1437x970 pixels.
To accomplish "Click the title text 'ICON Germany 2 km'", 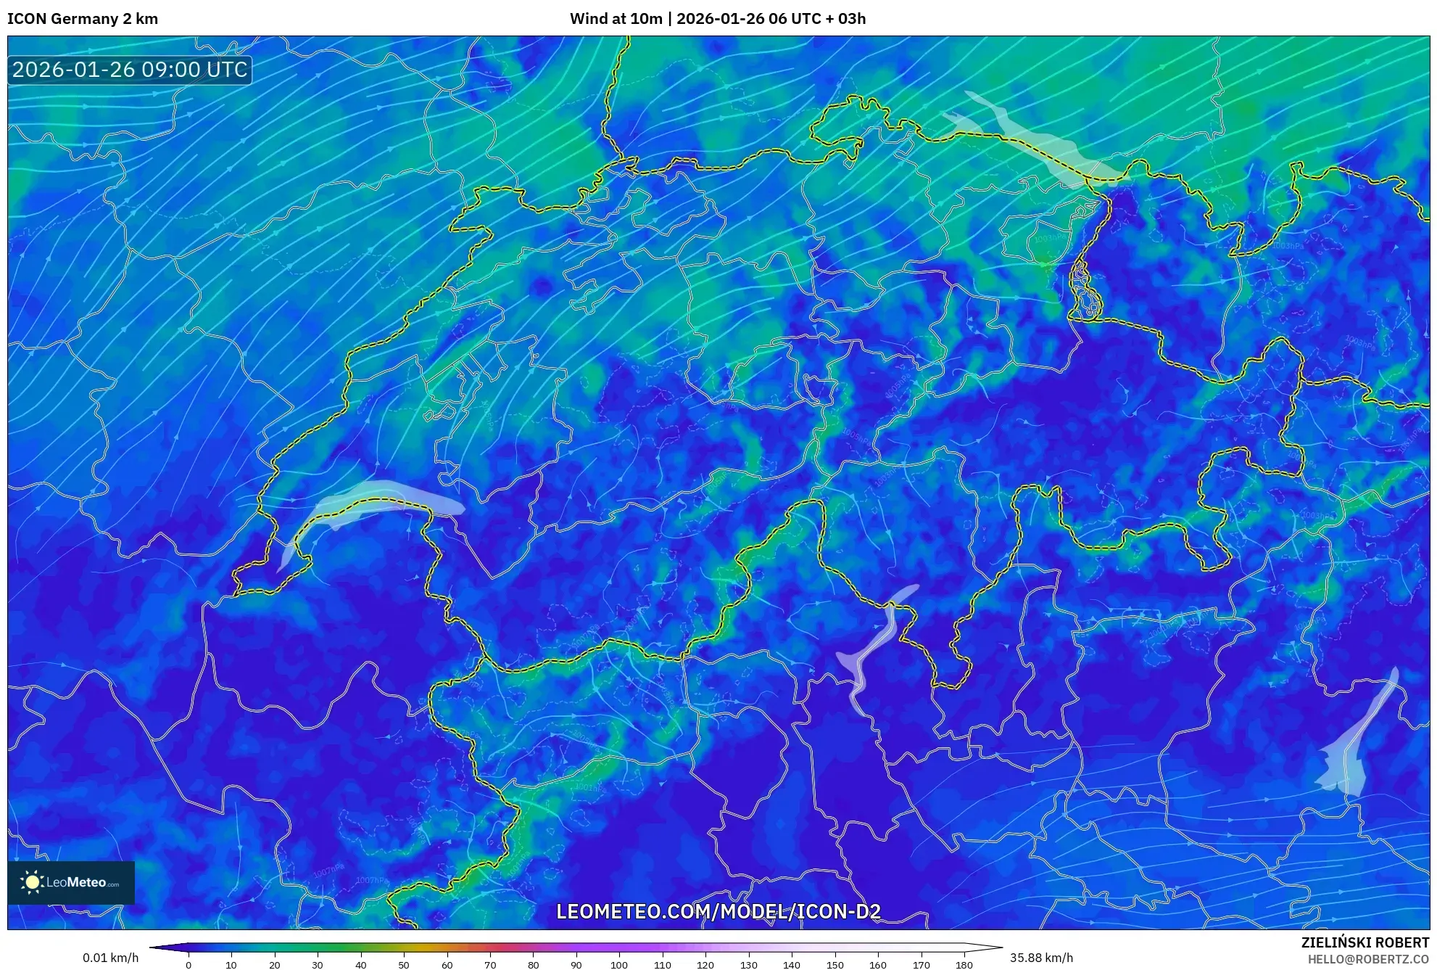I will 83,19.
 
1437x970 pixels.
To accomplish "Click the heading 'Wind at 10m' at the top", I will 616,19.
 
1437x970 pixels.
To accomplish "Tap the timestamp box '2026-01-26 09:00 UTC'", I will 130,70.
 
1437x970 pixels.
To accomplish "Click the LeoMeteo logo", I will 71,882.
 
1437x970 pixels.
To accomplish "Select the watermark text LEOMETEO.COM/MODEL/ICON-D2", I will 718,911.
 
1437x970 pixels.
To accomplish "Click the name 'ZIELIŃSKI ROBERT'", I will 1364,942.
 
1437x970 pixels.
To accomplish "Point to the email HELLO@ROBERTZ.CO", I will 1368,959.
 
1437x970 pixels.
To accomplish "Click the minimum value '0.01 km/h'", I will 110,958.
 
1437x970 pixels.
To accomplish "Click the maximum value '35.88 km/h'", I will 1041,958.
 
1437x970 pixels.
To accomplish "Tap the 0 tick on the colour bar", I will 189,965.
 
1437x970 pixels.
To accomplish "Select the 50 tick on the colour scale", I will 404,965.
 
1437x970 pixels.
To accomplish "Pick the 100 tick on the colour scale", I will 618,965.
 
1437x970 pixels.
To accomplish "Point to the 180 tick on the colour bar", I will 964,965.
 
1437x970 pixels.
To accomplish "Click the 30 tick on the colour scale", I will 318,965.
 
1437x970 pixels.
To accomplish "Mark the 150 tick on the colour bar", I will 835,965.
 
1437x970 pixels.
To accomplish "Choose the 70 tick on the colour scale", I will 490,965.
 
